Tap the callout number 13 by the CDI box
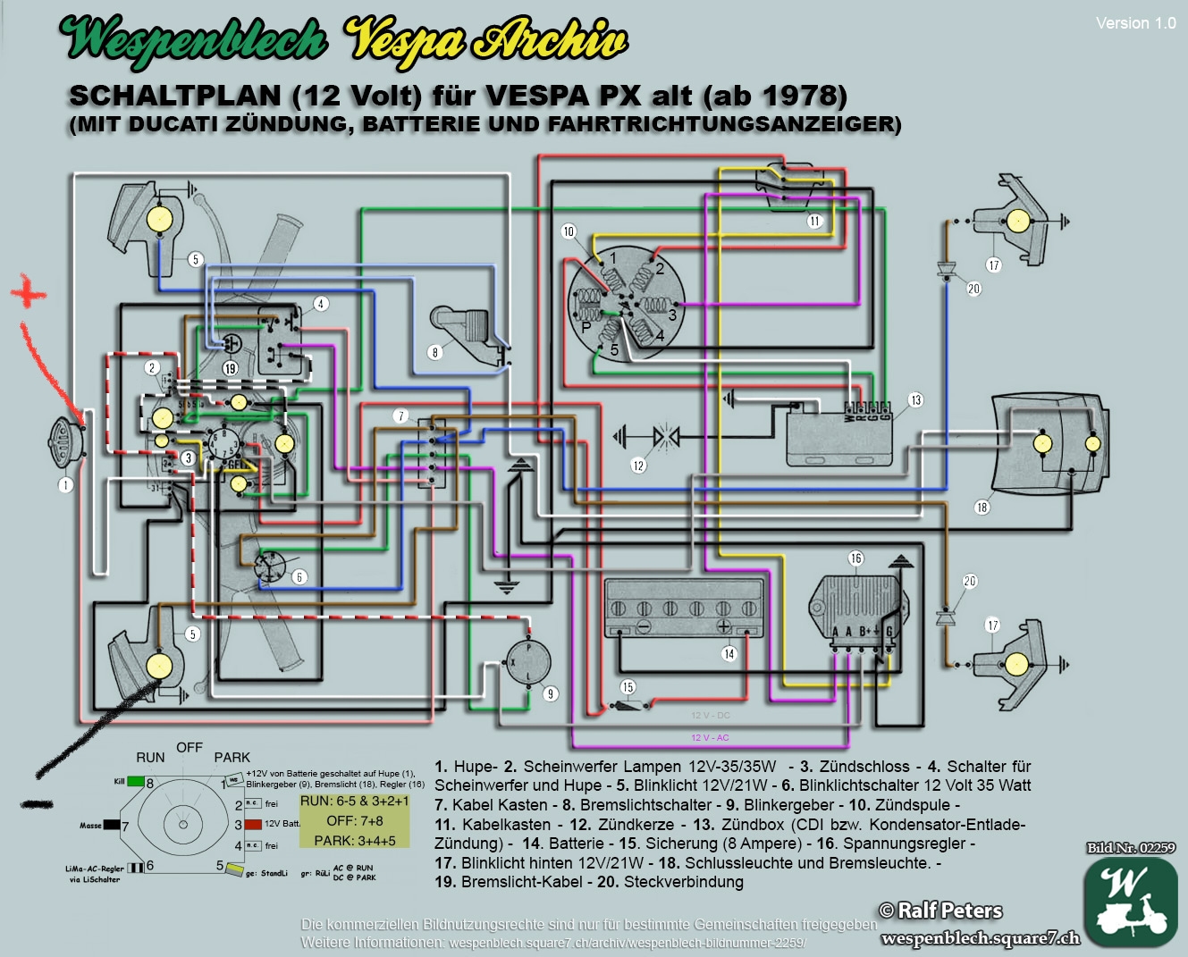[915, 399]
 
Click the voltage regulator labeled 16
[856, 608]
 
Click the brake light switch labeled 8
[465, 331]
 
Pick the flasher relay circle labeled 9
[528, 662]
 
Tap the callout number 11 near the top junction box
[814, 221]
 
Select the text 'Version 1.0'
[1135, 23]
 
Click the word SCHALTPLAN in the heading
[174, 96]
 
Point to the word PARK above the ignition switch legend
[232, 757]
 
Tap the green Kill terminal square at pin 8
[135, 781]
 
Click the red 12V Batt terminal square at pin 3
[253, 824]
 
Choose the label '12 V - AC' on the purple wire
[710, 737]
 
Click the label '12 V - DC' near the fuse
[710, 715]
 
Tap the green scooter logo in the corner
[1130, 901]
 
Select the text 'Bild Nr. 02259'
[1131, 847]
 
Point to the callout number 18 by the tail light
[982, 507]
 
